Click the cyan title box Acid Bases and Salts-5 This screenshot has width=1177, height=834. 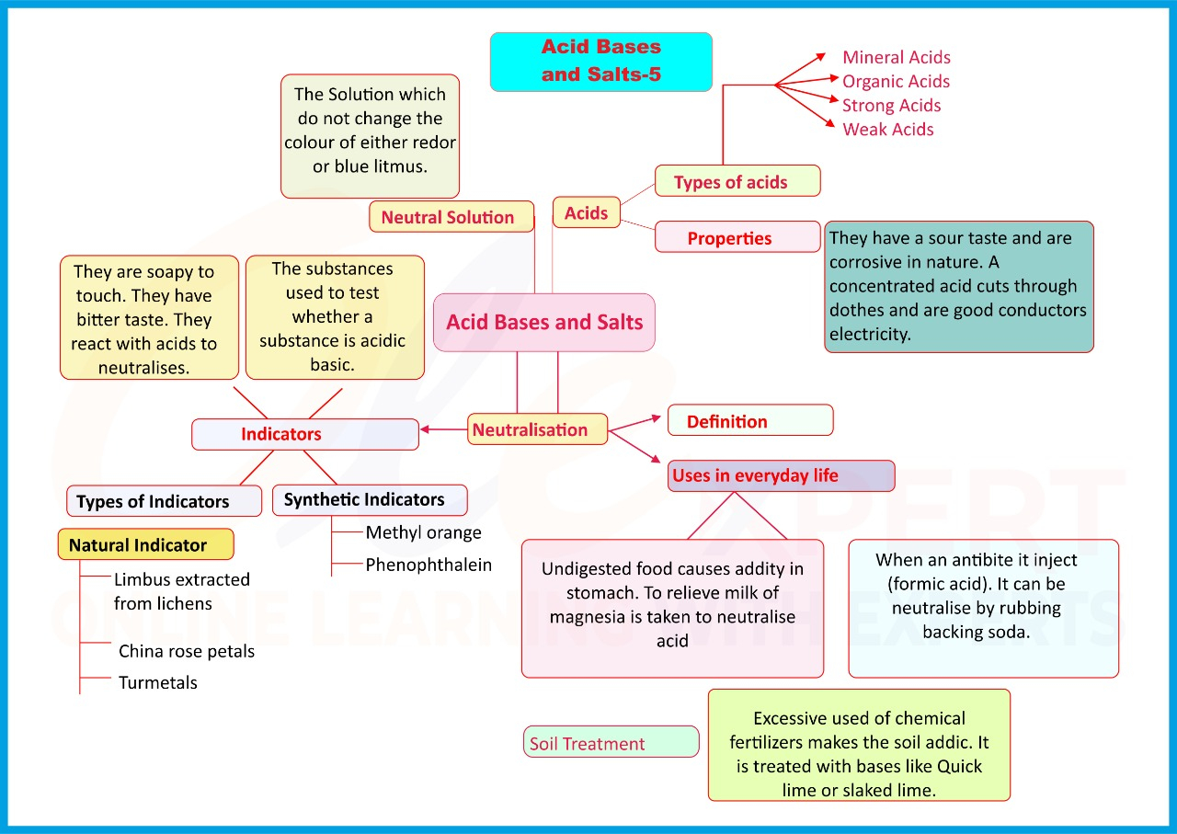[600, 62]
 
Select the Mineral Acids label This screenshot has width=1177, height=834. [896, 57]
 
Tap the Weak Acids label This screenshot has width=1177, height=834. [887, 130]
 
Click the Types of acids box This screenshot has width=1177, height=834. [737, 181]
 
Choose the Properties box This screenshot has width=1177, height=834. [737, 237]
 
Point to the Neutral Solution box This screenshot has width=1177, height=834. [451, 217]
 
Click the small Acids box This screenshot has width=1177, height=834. [586, 212]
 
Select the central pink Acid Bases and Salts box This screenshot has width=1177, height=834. [544, 322]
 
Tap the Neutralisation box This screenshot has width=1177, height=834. [538, 429]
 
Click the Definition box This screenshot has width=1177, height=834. [749, 420]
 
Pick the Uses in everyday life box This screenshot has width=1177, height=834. [781, 475]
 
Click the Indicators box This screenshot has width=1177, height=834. [304, 434]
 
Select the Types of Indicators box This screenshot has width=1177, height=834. [164, 501]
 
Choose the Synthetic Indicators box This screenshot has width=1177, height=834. [370, 500]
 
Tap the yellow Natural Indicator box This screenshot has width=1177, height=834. [145, 544]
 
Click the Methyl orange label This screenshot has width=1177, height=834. [423, 532]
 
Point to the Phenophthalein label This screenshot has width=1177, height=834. [429, 565]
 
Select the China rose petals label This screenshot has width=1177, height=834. [186, 651]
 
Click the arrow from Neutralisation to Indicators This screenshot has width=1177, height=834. [443, 428]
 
